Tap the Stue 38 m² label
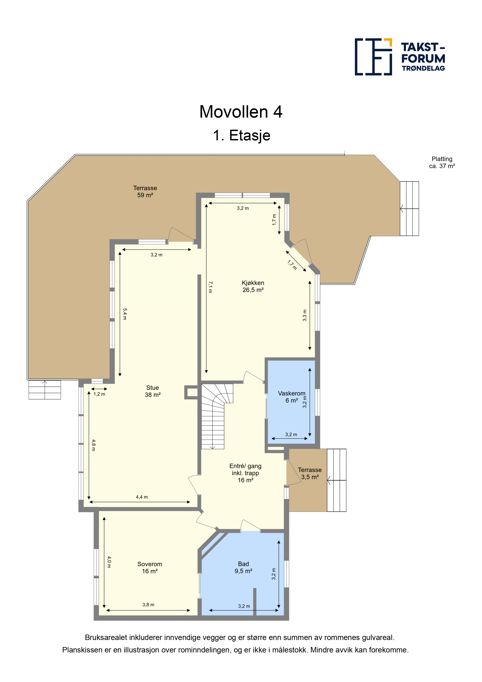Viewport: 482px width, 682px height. (153, 391)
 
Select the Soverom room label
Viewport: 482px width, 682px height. (150, 568)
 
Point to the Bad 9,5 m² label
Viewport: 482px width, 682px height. (244, 567)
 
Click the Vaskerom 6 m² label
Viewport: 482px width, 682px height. (292, 397)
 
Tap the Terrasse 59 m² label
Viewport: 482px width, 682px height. (145, 191)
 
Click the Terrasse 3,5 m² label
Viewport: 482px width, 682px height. (310, 473)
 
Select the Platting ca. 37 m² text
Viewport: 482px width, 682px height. (442, 163)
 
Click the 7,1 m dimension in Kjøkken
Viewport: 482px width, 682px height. (210, 287)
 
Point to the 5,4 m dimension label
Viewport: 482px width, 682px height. (125, 314)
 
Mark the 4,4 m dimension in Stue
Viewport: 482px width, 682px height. (142, 497)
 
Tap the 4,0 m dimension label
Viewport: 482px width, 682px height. (109, 562)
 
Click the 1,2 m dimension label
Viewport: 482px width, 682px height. (99, 394)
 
